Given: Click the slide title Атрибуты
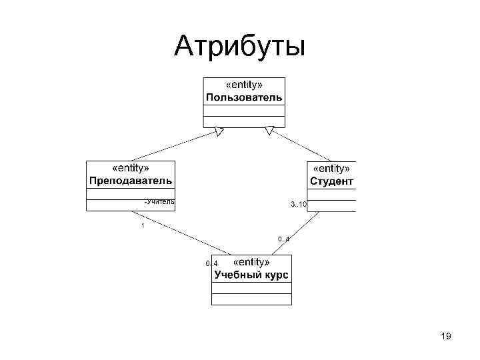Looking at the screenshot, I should tap(239, 47).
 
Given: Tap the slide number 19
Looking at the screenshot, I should tap(446, 337).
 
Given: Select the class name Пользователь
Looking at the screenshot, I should tap(244, 97).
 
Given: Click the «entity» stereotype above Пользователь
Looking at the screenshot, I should tap(244, 85).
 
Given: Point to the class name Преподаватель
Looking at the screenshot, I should tap(131, 181).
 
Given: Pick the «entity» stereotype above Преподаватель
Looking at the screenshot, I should tap(131, 169).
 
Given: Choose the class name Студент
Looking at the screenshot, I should tap(331, 181).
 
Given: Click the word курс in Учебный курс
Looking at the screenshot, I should tap(273, 275).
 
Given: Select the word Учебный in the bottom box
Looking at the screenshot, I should tap(234, 275).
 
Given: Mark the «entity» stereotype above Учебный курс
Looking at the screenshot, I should tap(252, 263).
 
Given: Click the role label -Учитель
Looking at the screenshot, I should tap(159, 201).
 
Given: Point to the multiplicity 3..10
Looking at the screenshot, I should tap(298, 204).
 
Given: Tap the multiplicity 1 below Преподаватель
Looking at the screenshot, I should tap(142, 226).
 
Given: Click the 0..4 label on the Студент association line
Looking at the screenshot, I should tap(283, 239).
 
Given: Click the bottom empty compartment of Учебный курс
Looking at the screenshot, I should tap(251, 299).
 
